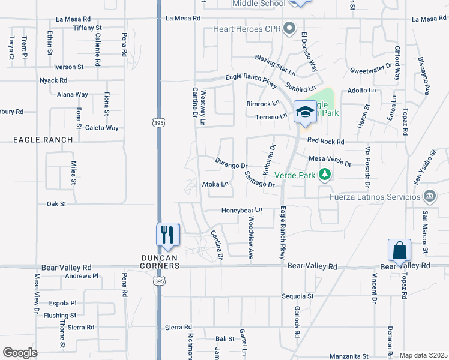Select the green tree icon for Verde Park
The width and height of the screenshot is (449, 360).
(325, 175)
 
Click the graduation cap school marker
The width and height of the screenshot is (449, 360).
(305, 112)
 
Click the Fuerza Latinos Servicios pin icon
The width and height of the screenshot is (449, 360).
(430, 196)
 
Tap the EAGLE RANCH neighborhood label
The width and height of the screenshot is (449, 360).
(43, 140)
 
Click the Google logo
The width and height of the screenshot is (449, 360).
(20, 353)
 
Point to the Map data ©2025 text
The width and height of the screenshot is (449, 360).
(423, 355)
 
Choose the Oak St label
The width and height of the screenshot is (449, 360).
(56, 204)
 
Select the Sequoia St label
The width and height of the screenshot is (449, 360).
(298, 296)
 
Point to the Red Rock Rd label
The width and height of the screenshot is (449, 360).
(325, 142)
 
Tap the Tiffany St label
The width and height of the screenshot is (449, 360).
(88, 28)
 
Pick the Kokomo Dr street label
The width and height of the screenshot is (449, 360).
(268, 156)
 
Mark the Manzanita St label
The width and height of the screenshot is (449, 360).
(349, 356)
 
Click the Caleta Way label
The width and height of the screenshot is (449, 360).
(101, 128)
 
